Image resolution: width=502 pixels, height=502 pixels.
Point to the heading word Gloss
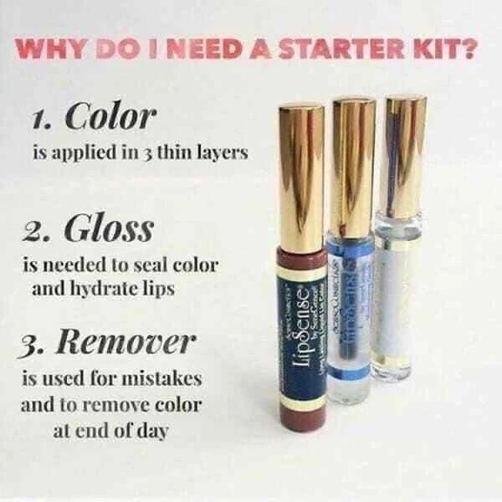(121, 228)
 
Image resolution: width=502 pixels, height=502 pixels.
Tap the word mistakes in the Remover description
(166, 377)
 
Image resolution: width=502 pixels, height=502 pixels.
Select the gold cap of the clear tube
(405, 151)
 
